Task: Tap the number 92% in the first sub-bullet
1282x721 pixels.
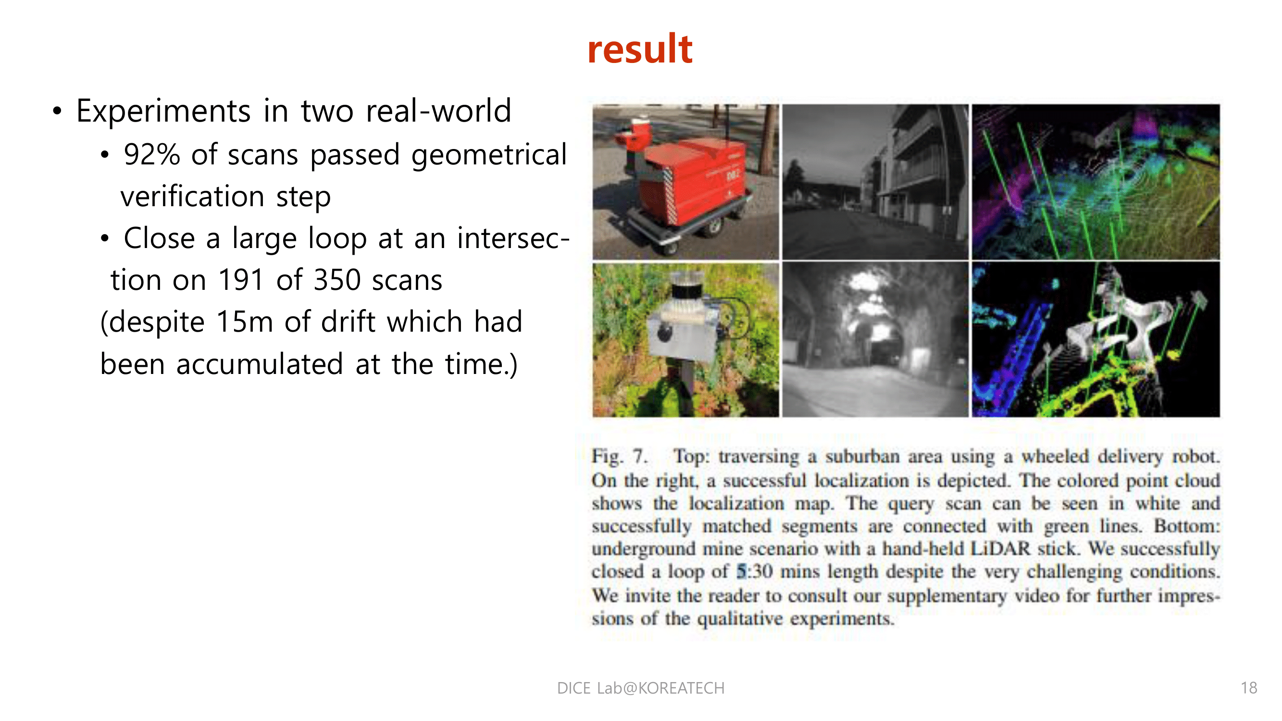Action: click(152, 154)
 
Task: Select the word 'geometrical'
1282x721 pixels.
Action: click(489, 154)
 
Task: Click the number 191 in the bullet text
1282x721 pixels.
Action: click(241, 280)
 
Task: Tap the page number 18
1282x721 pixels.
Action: click(1249, 688)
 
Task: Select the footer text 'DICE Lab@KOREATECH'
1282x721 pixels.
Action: click(640, 688)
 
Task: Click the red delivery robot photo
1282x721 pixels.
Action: click(685, 182)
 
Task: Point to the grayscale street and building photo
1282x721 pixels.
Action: click(875, 182)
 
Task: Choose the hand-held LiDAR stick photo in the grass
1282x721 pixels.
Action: click(685, 339)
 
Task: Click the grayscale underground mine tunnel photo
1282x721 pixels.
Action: click(875, 339)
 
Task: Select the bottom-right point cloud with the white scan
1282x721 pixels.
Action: click(1095, 339)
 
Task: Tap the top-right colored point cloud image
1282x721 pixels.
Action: click(1095, 182)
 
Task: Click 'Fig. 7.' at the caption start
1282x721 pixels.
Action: click(619, 456)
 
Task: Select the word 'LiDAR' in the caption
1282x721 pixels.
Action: click(1000, 549)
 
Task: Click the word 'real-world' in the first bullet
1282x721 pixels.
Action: click(438, 111)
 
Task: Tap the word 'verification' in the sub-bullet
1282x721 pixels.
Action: click(192, 197)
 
